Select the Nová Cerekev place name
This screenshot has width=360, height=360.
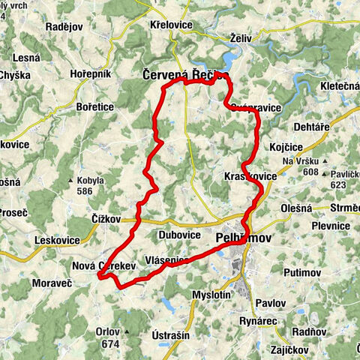tap(103, 265)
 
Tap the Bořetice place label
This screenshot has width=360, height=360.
tap(95, 107)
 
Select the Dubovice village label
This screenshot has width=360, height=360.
tap(181, 235)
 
